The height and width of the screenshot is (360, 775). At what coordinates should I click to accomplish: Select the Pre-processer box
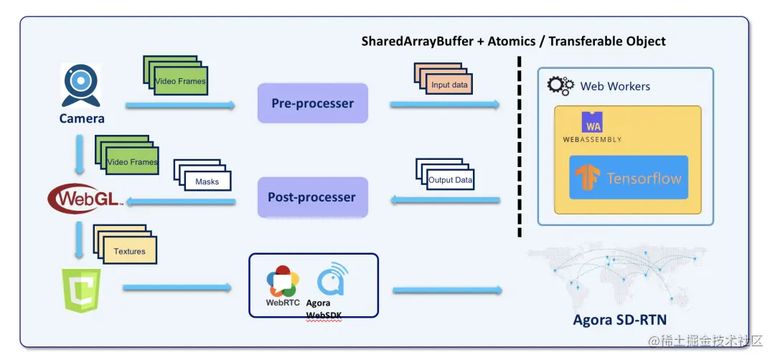click(312, 103)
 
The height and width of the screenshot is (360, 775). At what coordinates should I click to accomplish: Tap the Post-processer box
click(312, 197)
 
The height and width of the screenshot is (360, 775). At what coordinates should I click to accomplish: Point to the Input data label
click(449, 85)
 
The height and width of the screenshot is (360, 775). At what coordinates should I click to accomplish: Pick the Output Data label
click(451, 179)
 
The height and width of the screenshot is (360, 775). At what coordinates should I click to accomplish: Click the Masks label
click(207, 181)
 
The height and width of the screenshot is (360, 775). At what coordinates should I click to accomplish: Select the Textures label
click(129, 251)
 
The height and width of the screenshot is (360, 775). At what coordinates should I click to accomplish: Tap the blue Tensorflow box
click(629, 178)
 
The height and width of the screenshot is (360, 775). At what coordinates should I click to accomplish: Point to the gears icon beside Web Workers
click(560, 86)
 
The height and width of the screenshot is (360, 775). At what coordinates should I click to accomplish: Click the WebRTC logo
click(282, 280)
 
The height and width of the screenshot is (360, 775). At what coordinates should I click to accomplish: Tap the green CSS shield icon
click(82, 290)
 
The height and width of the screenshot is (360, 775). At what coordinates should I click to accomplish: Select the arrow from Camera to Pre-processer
click(180, 106)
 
